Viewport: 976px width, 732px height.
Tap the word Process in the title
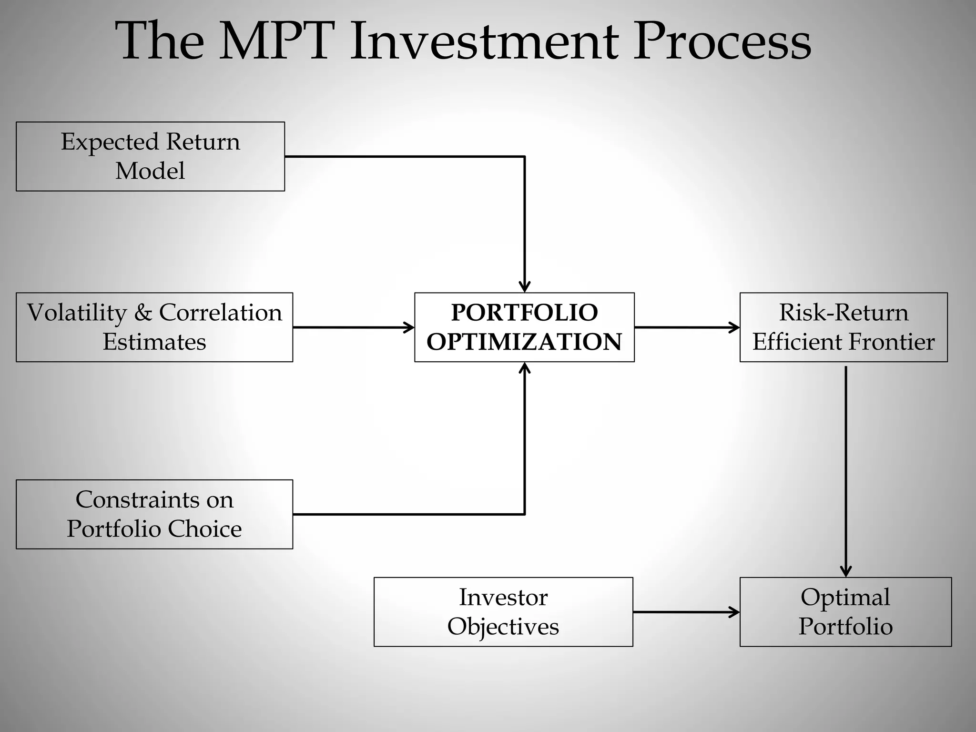pyautogui.click(x=722, y=41)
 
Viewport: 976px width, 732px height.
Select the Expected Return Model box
pyautogui.click(x=150, y=156)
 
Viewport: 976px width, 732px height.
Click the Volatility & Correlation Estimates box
pyautogui.click(x=154, y=327)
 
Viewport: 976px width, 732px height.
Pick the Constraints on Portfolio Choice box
pyautogui.click(x=154, y=514)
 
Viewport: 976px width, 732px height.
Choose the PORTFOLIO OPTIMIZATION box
pyautogui.click(x=524, y=327)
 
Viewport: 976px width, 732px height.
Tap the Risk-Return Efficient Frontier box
pyautogui.click(x=844, y=327)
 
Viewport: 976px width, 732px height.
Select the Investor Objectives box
pyautogui.click(x=503, y=612)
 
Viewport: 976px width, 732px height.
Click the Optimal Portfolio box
pyautogui.click(x=845, y=612)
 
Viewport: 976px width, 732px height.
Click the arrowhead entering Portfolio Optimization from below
pyautogui.click(x=525, y=368)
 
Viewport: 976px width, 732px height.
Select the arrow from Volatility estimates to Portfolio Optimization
pyautogui.click(x=353, y=327)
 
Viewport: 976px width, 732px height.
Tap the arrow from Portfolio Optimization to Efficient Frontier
pyautogui.click(x=686, y=327)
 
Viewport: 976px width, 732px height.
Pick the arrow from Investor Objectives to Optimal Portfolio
pyautogui.click(x=686, y=612)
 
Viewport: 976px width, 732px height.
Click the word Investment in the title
pyautogui.click(x=483, y=41)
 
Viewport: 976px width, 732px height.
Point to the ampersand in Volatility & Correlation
pyautogui.click(x=143, y=313)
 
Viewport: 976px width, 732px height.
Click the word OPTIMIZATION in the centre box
pyautogui.click(x=524, y=342)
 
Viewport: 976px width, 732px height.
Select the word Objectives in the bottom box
pyautogui.click(x=503, y=627)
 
